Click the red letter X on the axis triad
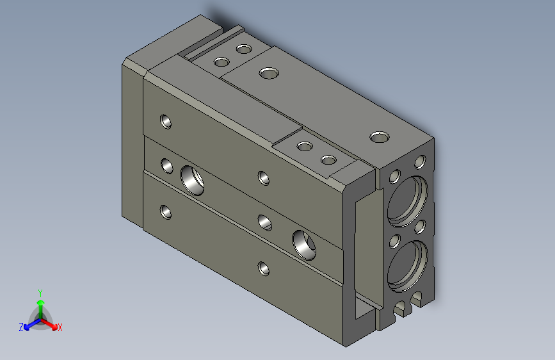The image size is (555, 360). click(x=60, y=328)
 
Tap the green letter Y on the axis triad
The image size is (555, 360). click(x=40, y=292)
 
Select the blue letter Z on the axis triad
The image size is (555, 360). click(x=21, y=327)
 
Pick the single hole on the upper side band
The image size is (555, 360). click(x=166, y=120)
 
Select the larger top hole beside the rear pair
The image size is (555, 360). click(x=268, y=72)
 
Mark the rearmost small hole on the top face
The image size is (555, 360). click(x=243, y=49)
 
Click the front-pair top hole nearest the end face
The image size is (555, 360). click(x=328, y=160)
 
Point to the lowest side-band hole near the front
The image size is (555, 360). click(x=263, y=268)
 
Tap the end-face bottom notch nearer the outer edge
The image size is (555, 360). click(x=419, y=297)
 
